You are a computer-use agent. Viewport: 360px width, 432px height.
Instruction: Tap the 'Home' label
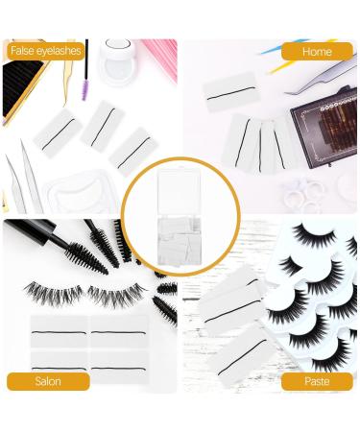(317, 50)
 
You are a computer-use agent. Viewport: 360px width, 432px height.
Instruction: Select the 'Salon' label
(48, 381)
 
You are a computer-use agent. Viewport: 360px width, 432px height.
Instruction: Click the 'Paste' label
(316, 381)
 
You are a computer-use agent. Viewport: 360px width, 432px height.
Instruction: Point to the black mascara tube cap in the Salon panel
(29, 240)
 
